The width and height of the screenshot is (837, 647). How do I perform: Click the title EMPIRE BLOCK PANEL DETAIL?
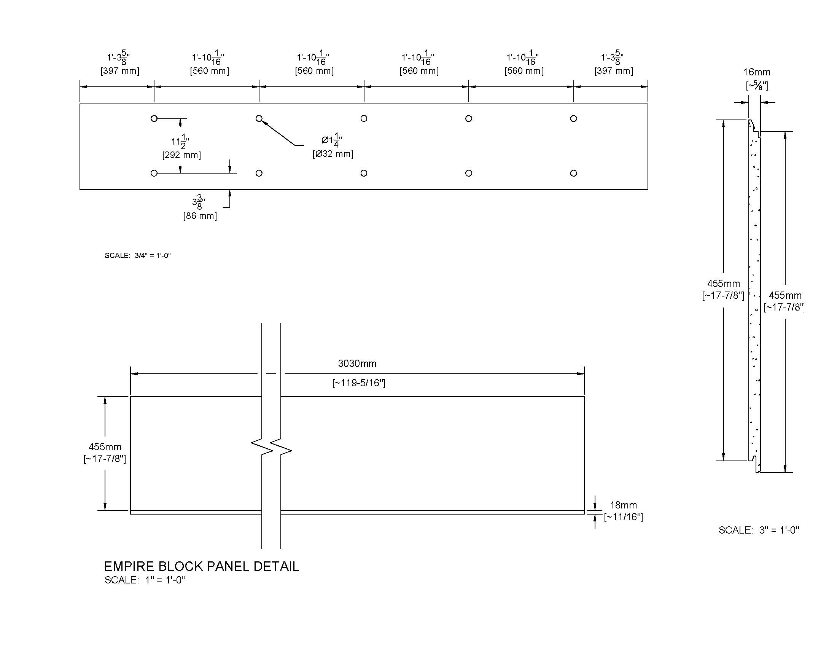(x=202, y=566)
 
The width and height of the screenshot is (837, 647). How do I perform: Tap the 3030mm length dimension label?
(x=357, y=363)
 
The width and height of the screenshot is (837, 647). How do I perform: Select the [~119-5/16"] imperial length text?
(x=359, y=383)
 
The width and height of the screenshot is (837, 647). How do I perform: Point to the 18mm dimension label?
(x=624, y=505)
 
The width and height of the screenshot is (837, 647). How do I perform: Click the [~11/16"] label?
(x=624, y=517)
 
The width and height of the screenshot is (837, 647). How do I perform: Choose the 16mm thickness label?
(x=757, y=72)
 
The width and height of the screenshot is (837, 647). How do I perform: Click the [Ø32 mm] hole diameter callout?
(x=333, y=154)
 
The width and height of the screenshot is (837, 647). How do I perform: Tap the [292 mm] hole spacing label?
(x=181, y=155)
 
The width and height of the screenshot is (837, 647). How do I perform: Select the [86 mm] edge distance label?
(x=200, y=216)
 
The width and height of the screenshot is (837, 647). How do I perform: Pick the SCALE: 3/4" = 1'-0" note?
(x=138, y=255)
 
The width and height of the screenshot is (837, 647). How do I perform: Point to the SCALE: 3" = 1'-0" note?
(x=759, y=530)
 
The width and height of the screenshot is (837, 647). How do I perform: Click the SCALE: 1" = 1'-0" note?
(x=145, y=580)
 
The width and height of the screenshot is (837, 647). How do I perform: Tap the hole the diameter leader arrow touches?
(x=259, y=119)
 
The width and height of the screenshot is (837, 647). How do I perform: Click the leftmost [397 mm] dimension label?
(x=120, y=71)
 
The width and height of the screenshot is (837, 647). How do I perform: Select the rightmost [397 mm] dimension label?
(x=614, y=71)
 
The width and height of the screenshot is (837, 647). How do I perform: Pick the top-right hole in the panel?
(x=573, y=119)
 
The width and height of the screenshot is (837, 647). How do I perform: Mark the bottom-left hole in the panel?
(x=154, y=173)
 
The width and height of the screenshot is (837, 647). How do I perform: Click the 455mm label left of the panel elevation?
(x=105, y=447)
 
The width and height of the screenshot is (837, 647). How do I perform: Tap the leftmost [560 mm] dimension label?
(x=210, y=71)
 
